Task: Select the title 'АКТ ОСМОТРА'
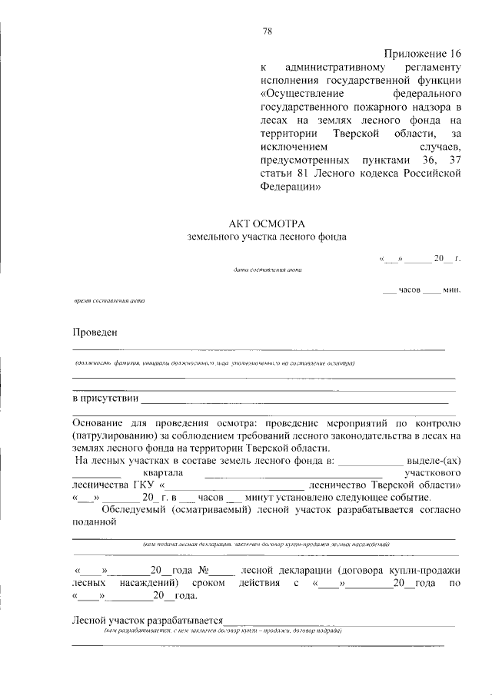coord(266,222)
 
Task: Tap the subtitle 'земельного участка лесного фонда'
coord(266,237)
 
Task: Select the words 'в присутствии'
coord(105,398)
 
